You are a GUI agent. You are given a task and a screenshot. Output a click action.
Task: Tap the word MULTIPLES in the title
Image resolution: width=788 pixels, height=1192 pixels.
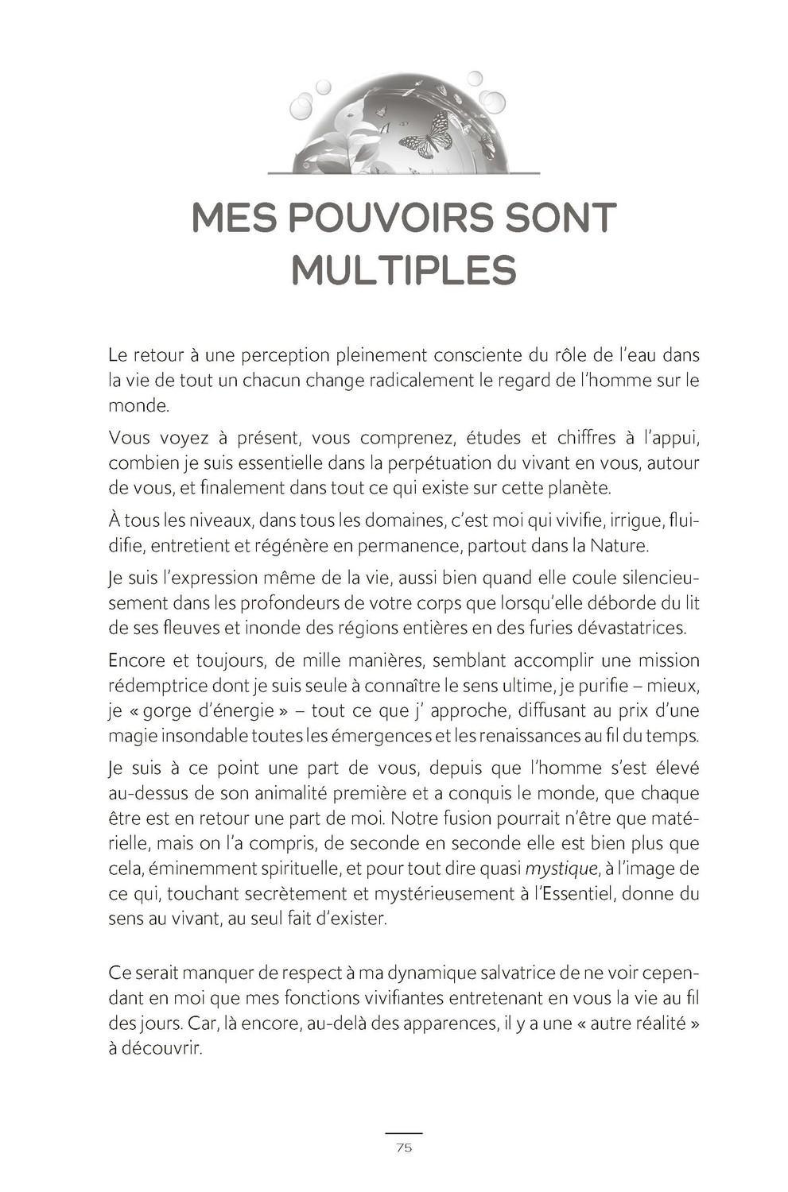point(403,270)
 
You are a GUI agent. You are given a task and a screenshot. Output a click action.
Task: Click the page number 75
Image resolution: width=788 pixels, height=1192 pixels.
point(403,1147)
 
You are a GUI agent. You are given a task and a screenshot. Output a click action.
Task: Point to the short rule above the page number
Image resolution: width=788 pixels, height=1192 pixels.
point(403,1132)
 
